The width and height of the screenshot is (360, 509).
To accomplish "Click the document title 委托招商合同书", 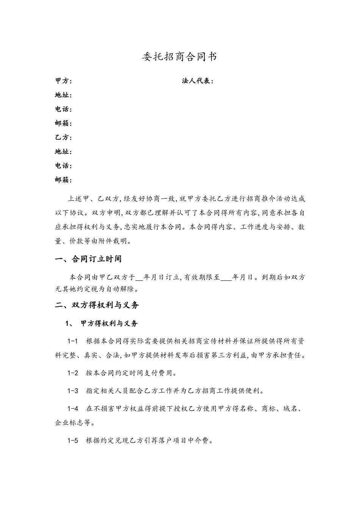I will tap(180, 57).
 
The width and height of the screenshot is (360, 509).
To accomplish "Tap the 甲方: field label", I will tap(63, 81).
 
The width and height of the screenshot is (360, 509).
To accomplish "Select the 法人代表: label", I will tap(198, 81).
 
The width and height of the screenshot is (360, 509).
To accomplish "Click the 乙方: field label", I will tap(63, 137).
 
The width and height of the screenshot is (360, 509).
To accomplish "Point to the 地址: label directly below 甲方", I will tap(63, 95).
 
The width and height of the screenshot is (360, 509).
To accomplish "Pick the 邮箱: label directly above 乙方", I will tap(63, 123).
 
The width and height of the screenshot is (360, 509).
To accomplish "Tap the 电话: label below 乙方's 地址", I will tap(63, 166).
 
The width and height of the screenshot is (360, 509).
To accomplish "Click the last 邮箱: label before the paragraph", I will tap(63, 180).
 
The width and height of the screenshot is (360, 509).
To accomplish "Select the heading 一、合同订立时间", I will tap(88, 259).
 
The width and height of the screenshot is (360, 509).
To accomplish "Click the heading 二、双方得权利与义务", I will tap(97, 305).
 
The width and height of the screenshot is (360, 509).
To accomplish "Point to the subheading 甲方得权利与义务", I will tap(110, 323).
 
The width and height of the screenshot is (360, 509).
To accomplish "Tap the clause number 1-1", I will tap(72, 341).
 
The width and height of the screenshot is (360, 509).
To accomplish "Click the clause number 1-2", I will tap(72, 373).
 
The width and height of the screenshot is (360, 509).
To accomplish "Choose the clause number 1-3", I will tap(72, 391).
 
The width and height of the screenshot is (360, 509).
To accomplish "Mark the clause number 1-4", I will tap(72, 409).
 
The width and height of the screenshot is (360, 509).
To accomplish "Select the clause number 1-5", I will tap(72, 440).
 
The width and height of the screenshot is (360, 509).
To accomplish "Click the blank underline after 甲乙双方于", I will tap(139, 278).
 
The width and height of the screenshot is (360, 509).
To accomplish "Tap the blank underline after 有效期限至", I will tap(225, 278).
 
